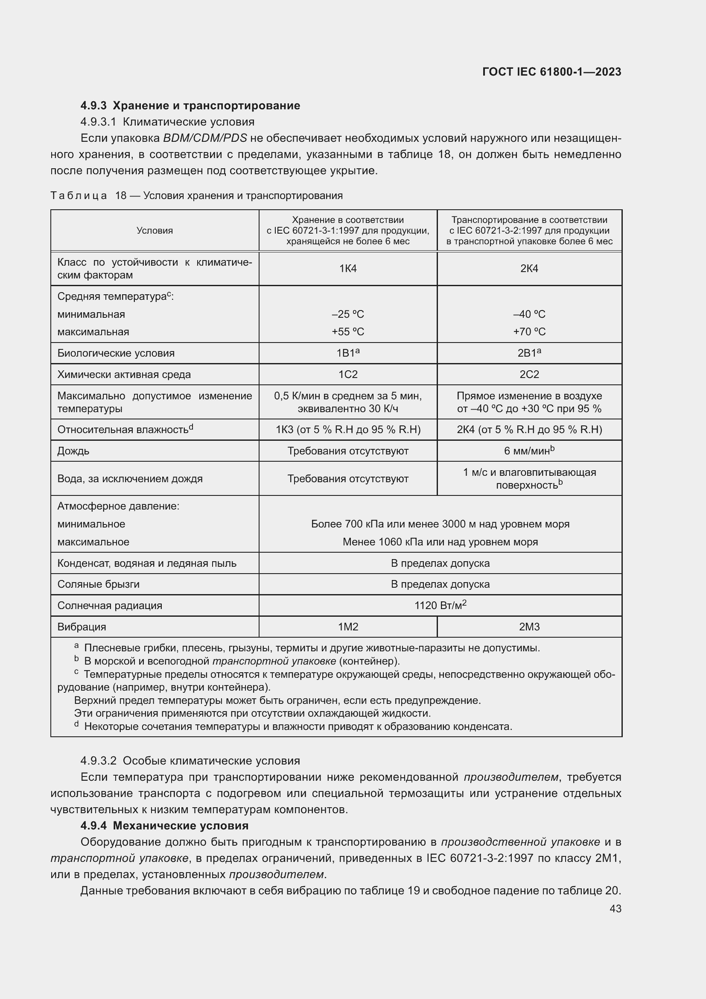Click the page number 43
point(615,908)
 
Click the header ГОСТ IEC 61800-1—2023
point(551,72)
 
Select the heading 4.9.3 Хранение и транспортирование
point(190,106)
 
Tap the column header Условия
point(155,231)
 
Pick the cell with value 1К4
point(348,269)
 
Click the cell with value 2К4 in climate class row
point(529,269)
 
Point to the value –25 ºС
point(348,314)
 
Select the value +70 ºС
point(529,331)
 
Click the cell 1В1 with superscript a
point(348,353)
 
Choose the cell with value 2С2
point(529,374)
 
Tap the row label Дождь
point(73,451)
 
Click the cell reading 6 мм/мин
point(529,451)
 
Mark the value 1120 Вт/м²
point(440,605)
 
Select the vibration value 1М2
point(348,627)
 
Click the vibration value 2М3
point(529,627)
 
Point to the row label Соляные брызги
point(98,584)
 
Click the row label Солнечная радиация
point(110,605)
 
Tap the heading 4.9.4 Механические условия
point(164,826)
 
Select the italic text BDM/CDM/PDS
point(205,138)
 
